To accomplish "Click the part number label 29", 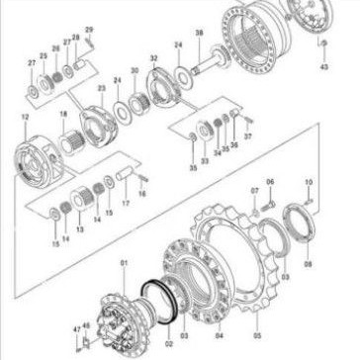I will coord(89,31).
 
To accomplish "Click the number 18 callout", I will coord(63,117).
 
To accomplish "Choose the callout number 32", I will coord(153,59).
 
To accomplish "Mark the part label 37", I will coord(248,135).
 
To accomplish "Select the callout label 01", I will coord(124,262).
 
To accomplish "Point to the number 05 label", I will coord(256,320).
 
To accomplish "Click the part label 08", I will coord(308,265).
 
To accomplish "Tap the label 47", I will coord(76,325).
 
